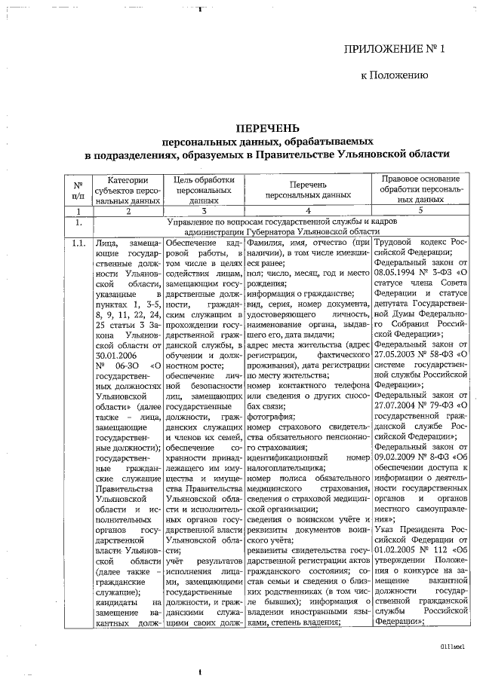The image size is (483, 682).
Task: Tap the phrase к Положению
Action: click(395, 76)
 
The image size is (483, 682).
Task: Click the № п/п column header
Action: click(78, 191)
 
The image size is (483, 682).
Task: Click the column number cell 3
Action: click(200, 212)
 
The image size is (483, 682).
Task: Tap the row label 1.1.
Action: click(78, 243)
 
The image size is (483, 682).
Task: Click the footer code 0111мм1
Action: click(453, 647)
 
